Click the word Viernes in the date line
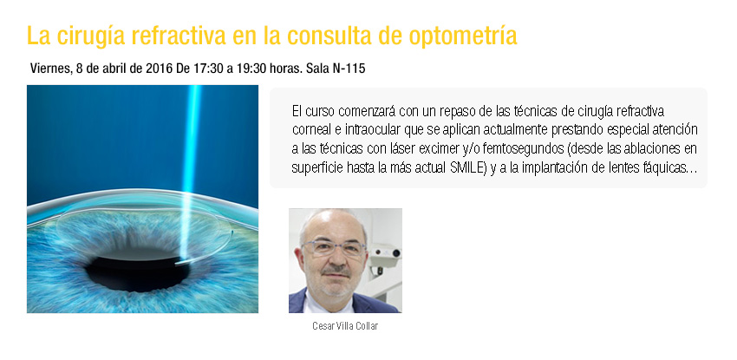(49, 69)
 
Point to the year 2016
(160, 69)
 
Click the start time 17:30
(209, 69)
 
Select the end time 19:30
(251, 69)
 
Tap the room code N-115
(349, 69)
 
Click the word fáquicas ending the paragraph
(669, 168)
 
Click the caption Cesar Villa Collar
(345, 325)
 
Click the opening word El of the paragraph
(297, 111)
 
